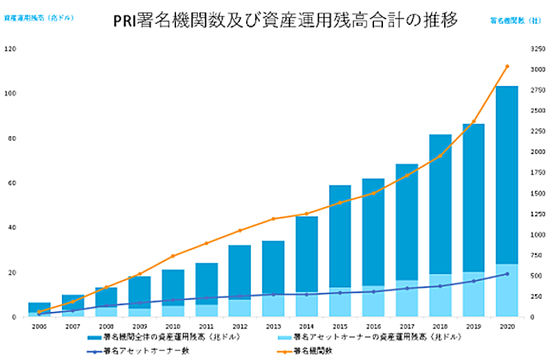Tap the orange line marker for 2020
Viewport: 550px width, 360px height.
507,67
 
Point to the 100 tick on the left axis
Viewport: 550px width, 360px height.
9,93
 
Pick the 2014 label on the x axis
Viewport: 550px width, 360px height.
306,326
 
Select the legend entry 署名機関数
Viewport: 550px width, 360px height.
323,350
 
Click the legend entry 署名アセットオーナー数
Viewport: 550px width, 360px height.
141,350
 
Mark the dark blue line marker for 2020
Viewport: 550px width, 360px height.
507,274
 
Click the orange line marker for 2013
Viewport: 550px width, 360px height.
273,219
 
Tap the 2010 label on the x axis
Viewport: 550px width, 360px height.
173,326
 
